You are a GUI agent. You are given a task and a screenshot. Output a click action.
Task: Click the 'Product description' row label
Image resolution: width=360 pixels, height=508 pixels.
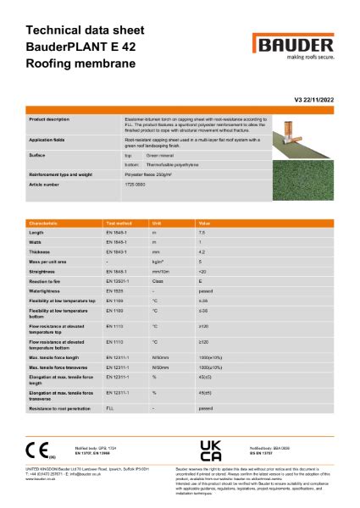(50, 119)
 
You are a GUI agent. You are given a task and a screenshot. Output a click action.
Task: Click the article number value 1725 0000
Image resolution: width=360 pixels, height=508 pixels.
(136, 184)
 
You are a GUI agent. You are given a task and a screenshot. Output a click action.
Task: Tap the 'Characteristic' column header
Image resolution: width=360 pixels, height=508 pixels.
(44, 223)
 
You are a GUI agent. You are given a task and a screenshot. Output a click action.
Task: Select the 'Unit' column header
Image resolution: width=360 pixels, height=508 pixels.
(156, 223)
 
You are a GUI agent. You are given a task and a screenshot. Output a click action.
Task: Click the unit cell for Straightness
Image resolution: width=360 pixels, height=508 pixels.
(158, 271)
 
